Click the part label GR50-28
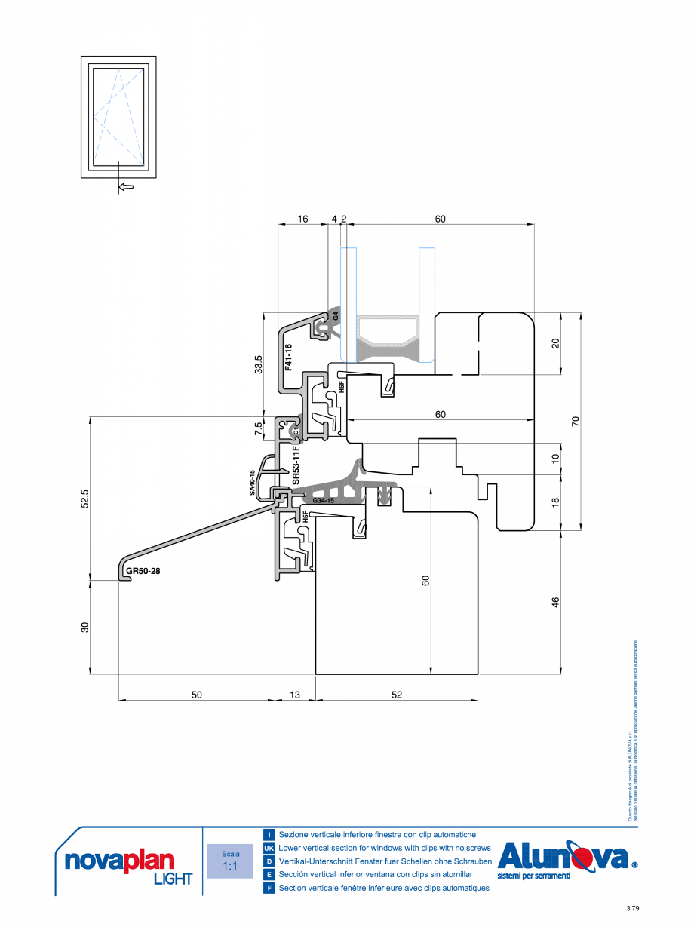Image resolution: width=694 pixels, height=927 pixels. [x=143, y=571]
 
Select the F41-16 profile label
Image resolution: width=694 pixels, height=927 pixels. [x=288, y=357]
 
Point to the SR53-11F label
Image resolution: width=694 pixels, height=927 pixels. [x=296, y=465]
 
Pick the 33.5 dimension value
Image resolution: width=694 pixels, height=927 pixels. [x=259, y=364]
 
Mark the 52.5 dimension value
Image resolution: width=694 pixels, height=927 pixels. [x=84, y=499]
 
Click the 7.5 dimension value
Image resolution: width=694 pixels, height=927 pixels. [x=259, y=428]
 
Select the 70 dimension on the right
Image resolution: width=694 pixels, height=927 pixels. [x=575, y=422]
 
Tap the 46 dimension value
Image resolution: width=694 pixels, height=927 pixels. [x=556, y=602]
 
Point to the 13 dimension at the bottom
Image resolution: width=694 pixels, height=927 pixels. [x=294, y=695]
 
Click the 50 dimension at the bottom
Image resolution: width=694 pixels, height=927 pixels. [x=196, y=695]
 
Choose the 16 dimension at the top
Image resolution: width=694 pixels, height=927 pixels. [x=302, y=219]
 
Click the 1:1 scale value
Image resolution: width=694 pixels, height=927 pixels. [x=231, y=867]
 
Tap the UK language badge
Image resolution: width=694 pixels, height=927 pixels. [x=269, y=848]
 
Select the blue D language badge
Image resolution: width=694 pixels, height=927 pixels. [x=269, y=861]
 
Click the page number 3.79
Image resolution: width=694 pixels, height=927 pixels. [x=632, y=909]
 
